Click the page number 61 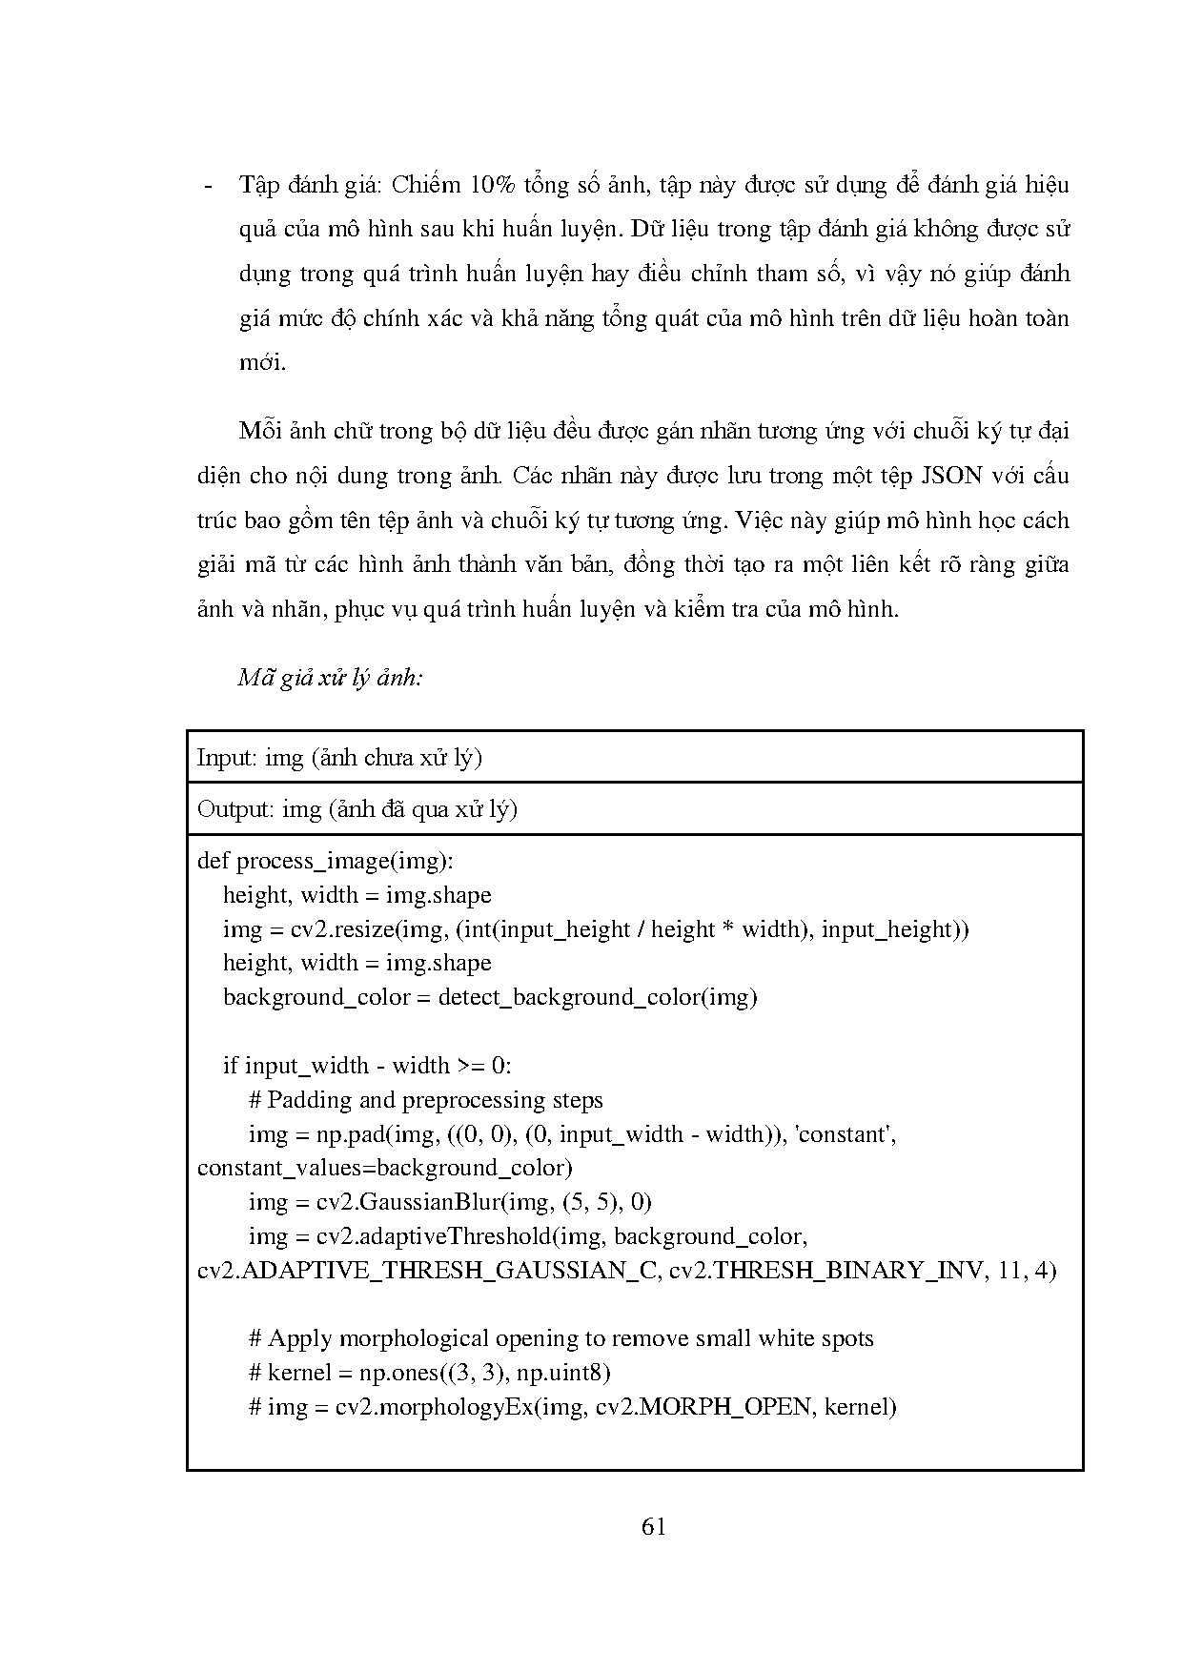654,1526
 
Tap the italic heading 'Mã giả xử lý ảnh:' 330,678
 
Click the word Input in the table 226,758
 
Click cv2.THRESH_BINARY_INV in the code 825,1271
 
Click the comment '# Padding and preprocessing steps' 425,1100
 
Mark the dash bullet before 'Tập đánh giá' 208,186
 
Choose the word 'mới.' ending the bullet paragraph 262,362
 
